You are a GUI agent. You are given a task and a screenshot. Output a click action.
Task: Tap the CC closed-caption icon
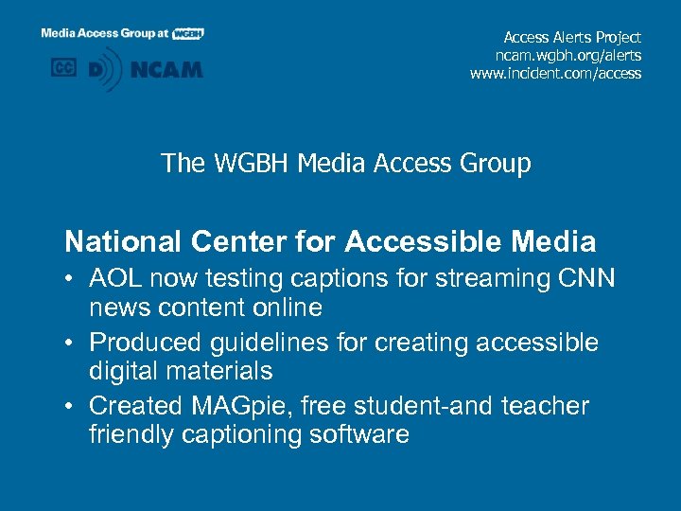coord(64,68)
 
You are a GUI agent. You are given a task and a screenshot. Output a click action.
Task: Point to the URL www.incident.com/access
coord(555,73)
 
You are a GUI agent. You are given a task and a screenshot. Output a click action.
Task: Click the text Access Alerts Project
coord(572,37)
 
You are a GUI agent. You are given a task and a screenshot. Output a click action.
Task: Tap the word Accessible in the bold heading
coord(421,242)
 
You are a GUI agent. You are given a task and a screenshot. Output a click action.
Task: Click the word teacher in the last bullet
coord(542,406)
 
